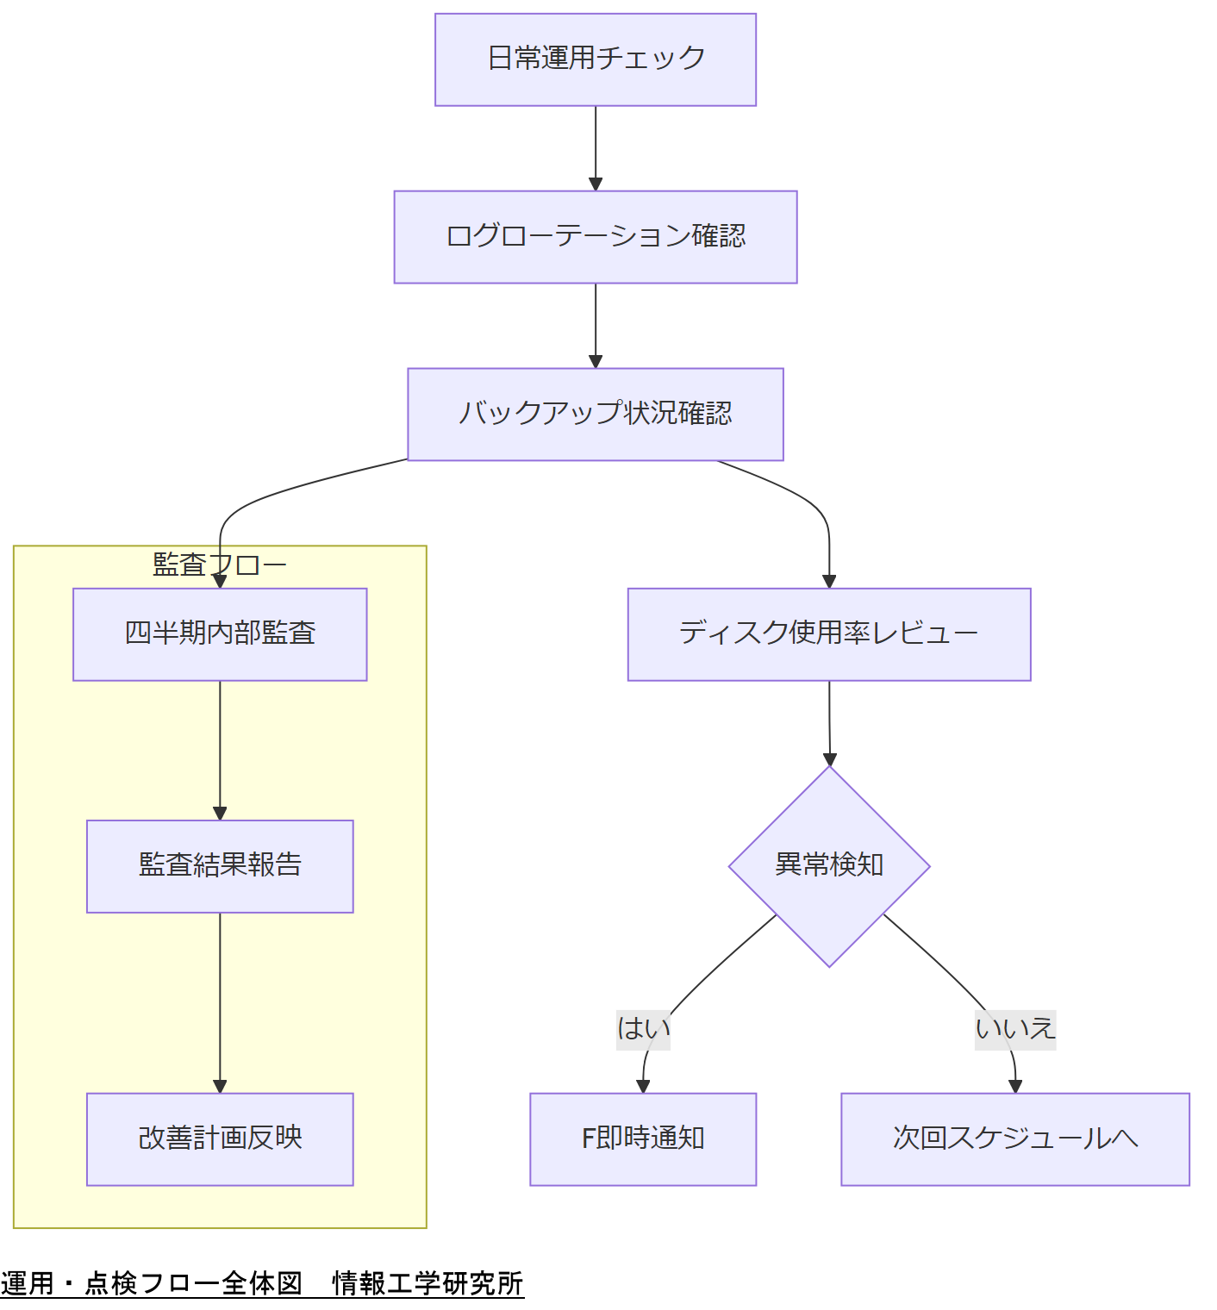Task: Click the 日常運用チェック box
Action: [x=595, y=59]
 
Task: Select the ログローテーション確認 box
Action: [x=595, y=237]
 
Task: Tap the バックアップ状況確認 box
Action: [x=595, y=415]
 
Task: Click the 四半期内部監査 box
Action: [x=220, y=634]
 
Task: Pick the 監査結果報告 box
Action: [x=220, y=866]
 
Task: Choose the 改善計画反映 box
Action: [x=220, y=1139]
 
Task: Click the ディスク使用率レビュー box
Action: [x=828, y=634]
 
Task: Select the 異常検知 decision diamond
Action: [x=828, y=866]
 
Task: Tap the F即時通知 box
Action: [x=642, y=1139]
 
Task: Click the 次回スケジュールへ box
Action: [x=1014, y=1139]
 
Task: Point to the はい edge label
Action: [x=643, y=1029]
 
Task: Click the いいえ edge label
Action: [x=1014, y=1029]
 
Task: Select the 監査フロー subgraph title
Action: [x=219, y=565]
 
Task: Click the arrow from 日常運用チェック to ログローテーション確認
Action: [x=596, y=147]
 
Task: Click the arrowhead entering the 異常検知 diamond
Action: [x=829, y=758]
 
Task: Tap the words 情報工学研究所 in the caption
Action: [x=428, y=1283]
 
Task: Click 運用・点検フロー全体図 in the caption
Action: [x=152, y=1283]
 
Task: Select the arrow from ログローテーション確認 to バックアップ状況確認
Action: [x=596, y=324]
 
